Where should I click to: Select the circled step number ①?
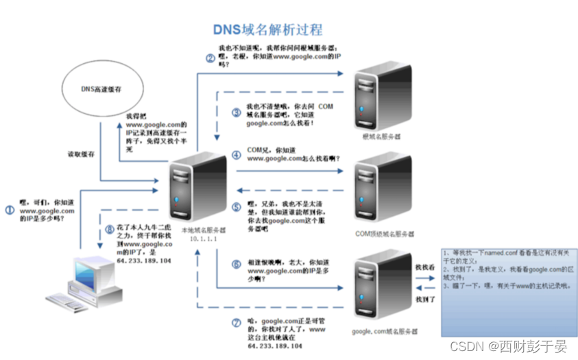pos(10,211)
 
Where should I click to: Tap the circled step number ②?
pos(210,58)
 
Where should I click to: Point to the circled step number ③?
pos(236,112)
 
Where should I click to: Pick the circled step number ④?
pos(236,155)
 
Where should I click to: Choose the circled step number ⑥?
pos(236,263)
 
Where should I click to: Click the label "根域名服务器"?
pos(381,136)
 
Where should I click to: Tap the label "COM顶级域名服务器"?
pos(384,233)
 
